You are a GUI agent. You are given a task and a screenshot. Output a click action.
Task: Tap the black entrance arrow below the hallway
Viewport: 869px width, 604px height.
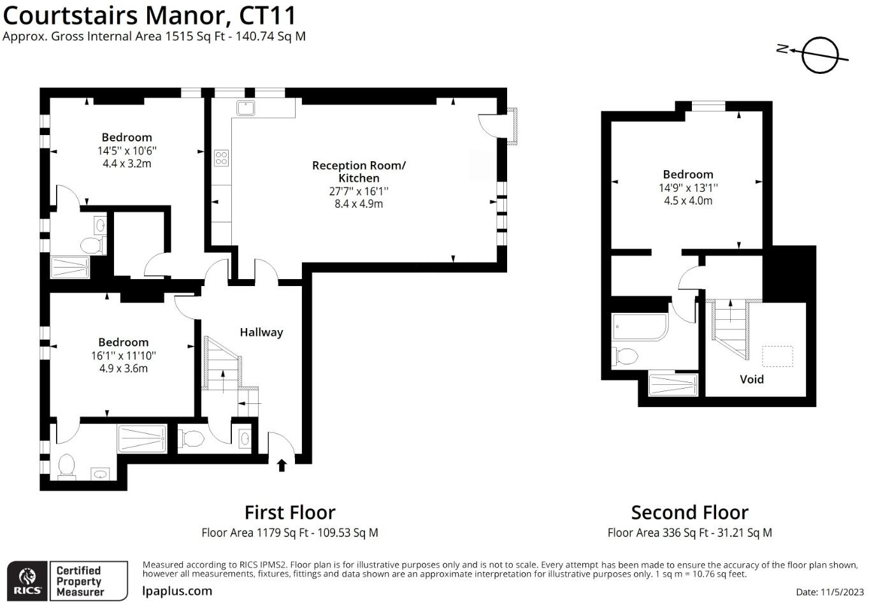(282, 465)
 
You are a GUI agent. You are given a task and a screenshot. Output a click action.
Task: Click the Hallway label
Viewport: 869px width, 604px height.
(261, 332)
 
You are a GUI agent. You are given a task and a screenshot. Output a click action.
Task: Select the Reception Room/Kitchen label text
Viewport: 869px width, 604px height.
(359, 171)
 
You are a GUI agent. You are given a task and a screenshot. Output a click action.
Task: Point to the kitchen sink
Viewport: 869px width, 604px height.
(246, 108)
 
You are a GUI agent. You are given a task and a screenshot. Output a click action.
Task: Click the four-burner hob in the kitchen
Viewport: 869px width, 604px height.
(221, 157)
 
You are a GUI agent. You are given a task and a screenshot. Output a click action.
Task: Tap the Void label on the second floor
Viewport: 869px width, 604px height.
(751, 379)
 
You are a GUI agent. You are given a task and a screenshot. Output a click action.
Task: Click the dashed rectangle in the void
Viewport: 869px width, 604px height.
(777, 356)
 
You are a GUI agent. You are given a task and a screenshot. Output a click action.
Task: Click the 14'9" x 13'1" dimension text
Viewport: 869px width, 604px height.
(688, 188)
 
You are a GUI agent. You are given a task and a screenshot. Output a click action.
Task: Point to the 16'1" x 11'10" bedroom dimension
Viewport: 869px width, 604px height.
(123, 356)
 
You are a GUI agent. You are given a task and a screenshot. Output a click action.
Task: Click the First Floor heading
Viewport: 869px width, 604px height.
(290, 512)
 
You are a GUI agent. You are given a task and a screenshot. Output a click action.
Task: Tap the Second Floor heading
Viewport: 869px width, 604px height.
(689, 512)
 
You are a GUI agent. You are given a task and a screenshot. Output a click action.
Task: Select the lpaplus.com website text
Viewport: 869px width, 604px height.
(177, 591)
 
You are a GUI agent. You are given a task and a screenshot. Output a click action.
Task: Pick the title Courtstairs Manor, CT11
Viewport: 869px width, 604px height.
(149, 15)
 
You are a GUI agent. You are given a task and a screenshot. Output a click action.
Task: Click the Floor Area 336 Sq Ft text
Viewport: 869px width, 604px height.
(689, 533)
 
